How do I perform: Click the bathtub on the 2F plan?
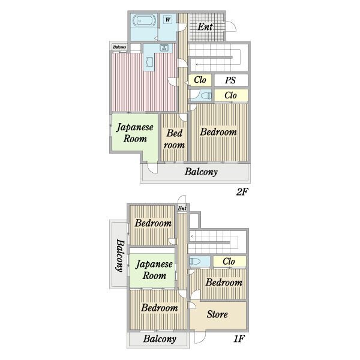tap(144, 21)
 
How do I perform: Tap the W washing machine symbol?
tap(168, 20)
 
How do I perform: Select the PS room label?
tap(230, 80)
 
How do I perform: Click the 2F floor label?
tap(242, 191)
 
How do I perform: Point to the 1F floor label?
tap(239, 338)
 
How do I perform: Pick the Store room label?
tap(217, 314)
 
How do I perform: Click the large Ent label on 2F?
tap(205, 27)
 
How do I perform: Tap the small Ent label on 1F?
tap(182, 208)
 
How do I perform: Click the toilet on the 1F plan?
tap(194, 262)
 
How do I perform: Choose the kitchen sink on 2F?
tap(164, 47)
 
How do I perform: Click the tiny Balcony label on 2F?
tap(119, 47)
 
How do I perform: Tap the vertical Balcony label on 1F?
tap(120, 256)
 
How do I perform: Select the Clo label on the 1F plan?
tap(229, 262)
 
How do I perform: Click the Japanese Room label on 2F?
tap(135, 133)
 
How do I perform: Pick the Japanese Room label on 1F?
tap(154, 270)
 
